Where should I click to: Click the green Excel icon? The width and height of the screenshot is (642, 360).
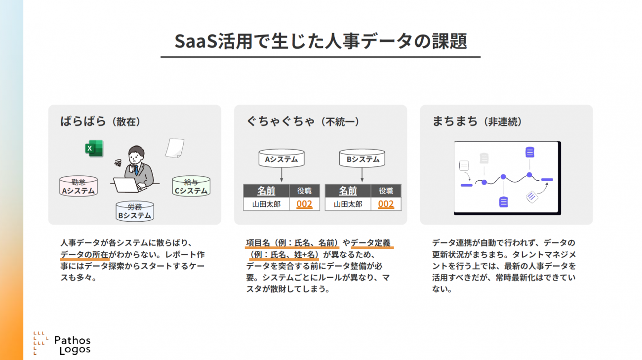coord(94,149)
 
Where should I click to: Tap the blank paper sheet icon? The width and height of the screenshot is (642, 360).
coord(174,148)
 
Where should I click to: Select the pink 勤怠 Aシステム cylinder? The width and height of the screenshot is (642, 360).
coord(78,186)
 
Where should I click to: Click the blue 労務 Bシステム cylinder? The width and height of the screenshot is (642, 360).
coord(135,211)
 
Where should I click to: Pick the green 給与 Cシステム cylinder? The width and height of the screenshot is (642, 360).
coord(191,186)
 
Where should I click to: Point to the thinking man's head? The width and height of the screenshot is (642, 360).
coord(136,155)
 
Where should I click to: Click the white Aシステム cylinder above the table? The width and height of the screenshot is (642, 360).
coord(281,158)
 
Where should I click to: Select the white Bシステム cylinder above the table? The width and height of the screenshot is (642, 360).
coord(362,158)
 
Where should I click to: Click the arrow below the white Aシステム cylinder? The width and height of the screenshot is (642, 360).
coord(281,174)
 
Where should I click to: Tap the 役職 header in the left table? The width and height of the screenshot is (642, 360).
coord(304,191)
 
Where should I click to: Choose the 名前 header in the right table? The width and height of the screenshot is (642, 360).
coord(348,191)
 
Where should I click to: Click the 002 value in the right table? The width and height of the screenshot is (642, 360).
coord(386,204)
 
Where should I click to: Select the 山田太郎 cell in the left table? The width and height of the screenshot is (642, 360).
coord(266,204)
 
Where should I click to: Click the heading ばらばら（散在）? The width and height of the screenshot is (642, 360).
coord(100,121)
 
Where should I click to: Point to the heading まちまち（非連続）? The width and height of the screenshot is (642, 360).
coord(477,121)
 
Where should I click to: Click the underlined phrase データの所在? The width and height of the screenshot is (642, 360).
coord(84,254)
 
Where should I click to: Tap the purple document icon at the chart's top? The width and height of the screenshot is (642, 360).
coord(529,152)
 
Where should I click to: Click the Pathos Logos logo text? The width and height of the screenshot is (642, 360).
coord(72,345)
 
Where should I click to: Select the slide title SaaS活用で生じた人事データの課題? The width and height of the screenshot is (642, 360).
coord(321,41)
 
